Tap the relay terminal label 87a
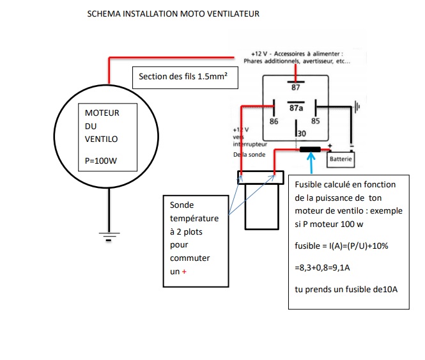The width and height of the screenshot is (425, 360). pos(296,109)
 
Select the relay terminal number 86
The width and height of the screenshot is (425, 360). pos(274,121)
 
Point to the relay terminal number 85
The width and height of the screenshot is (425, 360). pos(315,121)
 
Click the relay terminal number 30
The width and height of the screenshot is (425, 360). pos(301,133)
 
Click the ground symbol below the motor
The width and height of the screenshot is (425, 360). pos(109,237)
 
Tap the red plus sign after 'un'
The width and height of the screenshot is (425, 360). pos(186,272)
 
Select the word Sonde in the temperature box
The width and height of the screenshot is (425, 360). pos(182,205)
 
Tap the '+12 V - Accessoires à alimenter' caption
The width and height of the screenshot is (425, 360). pos(298,54)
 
